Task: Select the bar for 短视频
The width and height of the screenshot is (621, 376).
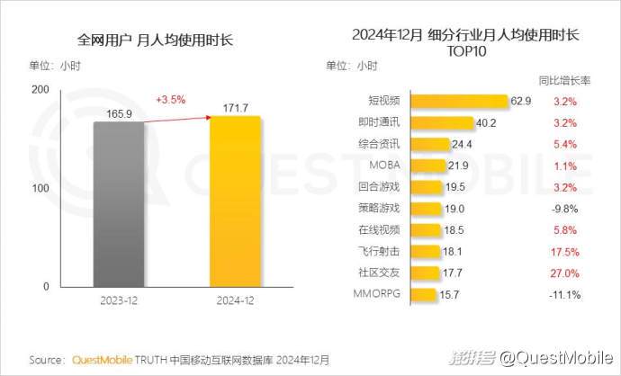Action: (x=460, y=101)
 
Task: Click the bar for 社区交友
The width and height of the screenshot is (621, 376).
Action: (x=426, y=273)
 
